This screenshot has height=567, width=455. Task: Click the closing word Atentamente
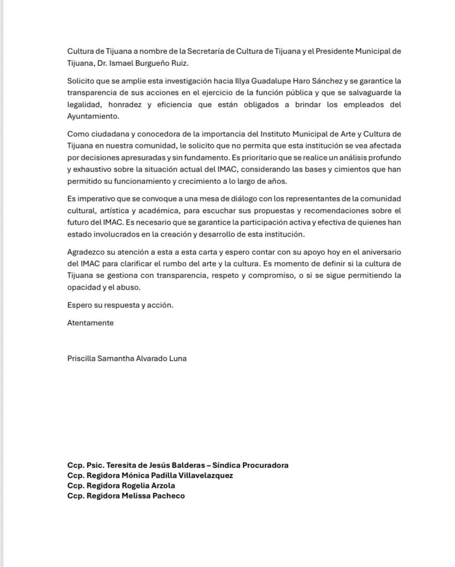coord(90,323)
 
